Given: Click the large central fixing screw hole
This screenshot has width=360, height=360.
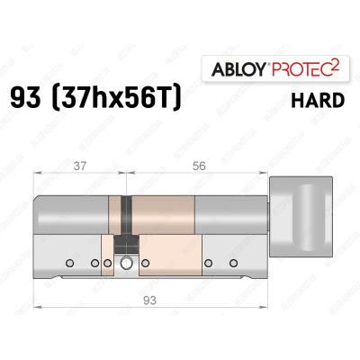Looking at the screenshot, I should (x=127, y=263).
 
